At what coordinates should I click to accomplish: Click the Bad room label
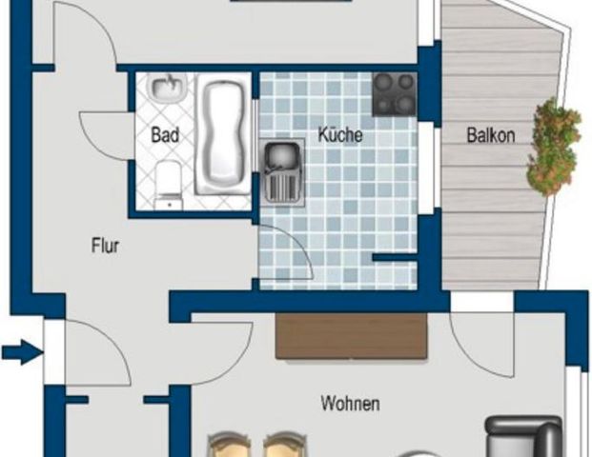[165, 135]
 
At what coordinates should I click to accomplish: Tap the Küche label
[339, 135]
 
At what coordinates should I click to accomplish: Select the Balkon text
[490, 135]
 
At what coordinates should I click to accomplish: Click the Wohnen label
[350, 404]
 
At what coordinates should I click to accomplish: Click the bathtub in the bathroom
[220, 137]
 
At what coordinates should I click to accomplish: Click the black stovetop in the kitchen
[395, 94]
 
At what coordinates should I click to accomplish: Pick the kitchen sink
[281, 167]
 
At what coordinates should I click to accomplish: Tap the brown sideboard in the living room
[351, 335]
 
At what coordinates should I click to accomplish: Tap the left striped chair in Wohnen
[230, 446]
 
